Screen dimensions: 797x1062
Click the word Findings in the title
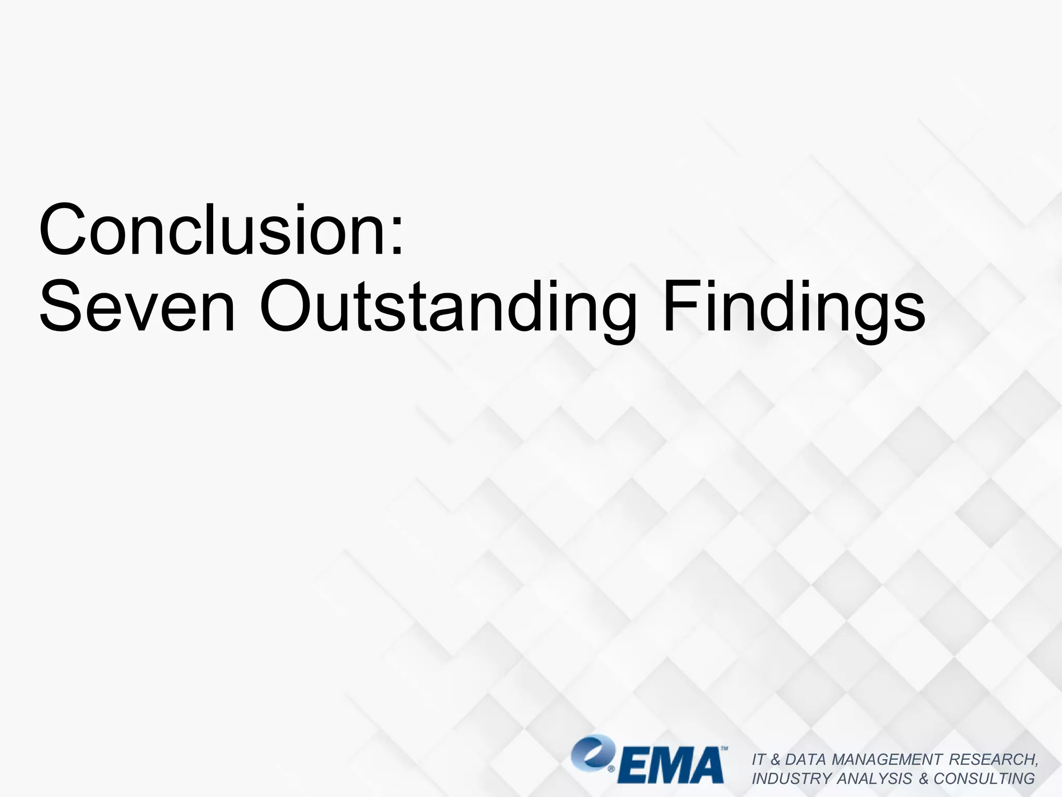[794, 307]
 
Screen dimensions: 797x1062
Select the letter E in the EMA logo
[631, 766]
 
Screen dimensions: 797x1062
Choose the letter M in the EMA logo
[669, 766]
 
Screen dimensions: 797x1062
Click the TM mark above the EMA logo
[724, 749]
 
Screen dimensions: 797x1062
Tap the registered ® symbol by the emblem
[611, 769]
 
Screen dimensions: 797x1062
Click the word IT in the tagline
[758, 760]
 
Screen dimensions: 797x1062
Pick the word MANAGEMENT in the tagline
[887, 760]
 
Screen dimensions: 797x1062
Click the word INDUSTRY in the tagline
[792, 779]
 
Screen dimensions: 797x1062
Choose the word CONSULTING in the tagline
[984, 779]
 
